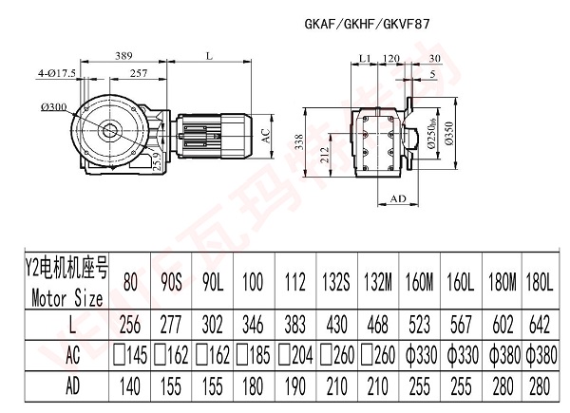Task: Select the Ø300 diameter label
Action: pyautogui.click(x=53, y=106)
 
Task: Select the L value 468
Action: pyautogui.click(x=376, y=324)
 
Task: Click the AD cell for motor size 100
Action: pyautogui.click(x=251, y=387)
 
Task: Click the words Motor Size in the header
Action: pyautogui.click(x=66, y=296)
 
